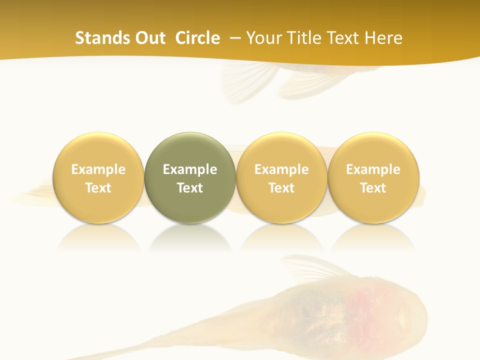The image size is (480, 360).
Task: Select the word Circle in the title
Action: coord(197,38)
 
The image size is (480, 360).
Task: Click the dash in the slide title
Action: coord(234,38)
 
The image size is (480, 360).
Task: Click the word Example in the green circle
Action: coord(190,169)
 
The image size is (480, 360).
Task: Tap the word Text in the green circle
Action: coord(190,188)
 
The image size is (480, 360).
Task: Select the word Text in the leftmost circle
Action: coord(98,188)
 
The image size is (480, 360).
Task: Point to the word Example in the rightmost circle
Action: coord(373,169)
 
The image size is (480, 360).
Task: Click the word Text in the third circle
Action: coord(281,188)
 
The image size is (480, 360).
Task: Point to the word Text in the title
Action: coord(346,38)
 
